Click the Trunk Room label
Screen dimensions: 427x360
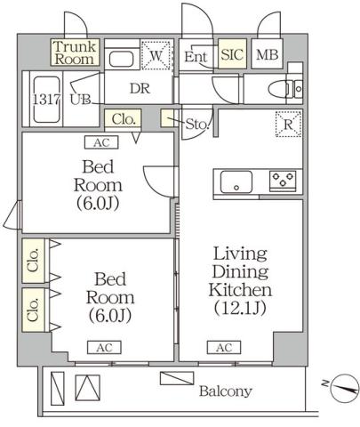click(x=74, y=52)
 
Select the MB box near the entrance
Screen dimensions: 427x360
click(x=267, y=55)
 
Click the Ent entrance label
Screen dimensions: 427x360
click(x=196, y=57)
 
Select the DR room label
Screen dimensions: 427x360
click(x=138, y=89)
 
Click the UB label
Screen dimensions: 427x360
click(x=79, y=99)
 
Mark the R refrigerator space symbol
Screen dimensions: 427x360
click(x=288, y=124)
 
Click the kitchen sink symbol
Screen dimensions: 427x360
click(x=239, y=184)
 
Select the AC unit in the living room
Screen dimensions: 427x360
click(x=222, y=347)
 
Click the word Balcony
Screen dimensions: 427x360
click(x=225, y=391)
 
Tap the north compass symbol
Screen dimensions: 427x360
click(x=343, y=387)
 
